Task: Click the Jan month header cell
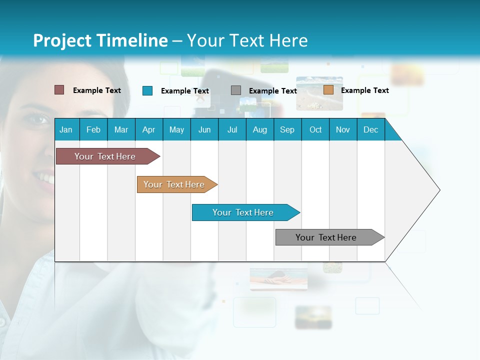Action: [66, 129]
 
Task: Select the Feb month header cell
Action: [93, 129]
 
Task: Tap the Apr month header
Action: [149, 129]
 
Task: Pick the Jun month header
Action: [204, 129]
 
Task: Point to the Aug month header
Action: [260, 129]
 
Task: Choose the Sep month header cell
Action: [287, 129]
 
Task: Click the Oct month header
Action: [315, 129]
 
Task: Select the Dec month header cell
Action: [371, 129]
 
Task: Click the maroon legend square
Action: [59, 90]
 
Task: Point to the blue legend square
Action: [147, 90]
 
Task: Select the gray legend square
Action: [236, 90]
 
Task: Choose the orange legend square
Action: [328, 90]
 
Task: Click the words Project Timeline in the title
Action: [100, 40]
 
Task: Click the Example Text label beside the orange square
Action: [364, 90]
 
